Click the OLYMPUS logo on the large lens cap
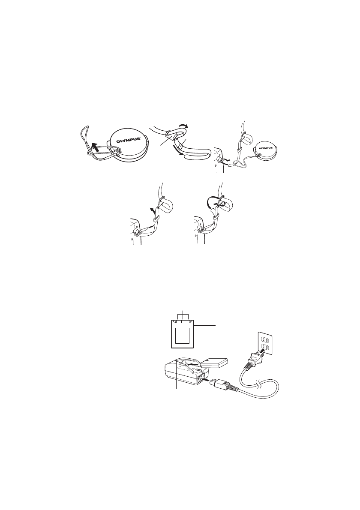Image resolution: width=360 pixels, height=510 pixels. coord(127,138)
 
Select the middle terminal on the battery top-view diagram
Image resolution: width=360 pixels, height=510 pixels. coord(183,322)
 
